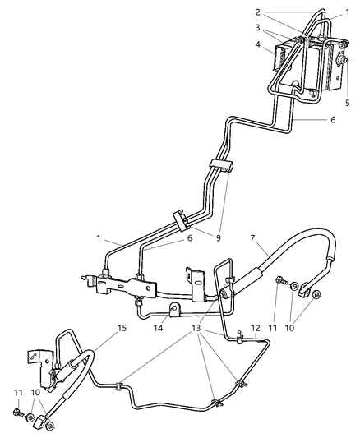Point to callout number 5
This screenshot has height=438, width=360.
[x=348, y=104]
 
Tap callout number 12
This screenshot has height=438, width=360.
[x=256, y=328]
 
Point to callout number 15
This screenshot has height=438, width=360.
[x=122, y=327]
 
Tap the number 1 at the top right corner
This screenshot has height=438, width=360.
[x=347, y=13]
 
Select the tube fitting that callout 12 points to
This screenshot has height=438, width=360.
[x=237, y=336]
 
